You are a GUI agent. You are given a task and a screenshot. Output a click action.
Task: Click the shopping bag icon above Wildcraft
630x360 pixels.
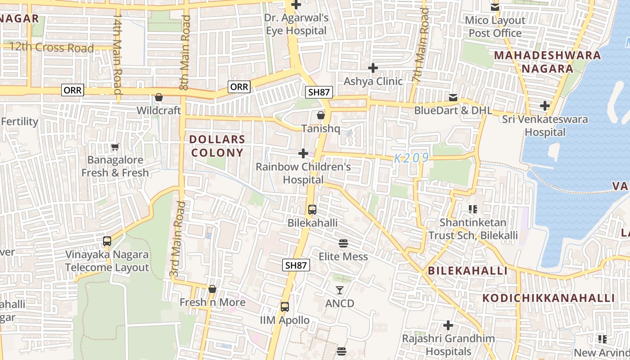pyautogui.click(x=158, y=97)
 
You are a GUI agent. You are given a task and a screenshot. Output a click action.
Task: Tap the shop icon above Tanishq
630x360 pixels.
pyautogui.click(x=320, y=115)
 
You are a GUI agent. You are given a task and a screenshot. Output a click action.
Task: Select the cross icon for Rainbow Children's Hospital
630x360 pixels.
pyautogui.click(x=303, y=153)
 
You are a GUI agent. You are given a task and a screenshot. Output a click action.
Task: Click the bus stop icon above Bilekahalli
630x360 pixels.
pyautogui.click(x=312, y=210)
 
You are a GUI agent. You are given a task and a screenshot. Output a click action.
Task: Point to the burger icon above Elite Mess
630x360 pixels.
pyautogui.click(x=343, y=243)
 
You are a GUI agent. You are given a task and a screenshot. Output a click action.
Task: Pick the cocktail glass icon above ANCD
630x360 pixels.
pyautogui.click(x=340, y=290)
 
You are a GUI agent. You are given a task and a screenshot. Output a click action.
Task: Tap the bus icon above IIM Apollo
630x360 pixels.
pyautogui.click(x=285, y=307)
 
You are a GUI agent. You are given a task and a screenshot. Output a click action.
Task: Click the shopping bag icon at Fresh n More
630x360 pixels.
pyautogui.click(x=212, y=289)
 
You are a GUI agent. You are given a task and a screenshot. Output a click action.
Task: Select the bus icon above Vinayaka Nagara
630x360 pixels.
pyautogui.click(x=107, y=241)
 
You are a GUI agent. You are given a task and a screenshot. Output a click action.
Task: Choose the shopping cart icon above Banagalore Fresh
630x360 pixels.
pyautogui.click(x=115, y=147)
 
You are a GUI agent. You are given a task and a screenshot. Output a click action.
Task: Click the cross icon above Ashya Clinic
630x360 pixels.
pyautogui.click(x=373, y=68)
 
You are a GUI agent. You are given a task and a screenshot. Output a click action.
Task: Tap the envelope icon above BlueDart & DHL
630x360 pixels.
pyautogui.click(x=453, y=97)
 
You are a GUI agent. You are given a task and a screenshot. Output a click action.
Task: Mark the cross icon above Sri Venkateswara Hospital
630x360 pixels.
pyautogui.click(x=545, y=106)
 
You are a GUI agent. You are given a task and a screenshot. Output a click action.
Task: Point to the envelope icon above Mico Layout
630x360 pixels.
pyautogui.click(x=495, y=7)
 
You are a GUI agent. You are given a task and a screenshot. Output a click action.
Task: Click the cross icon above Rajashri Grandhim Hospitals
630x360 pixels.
pyautogui.click(x=448, y=325)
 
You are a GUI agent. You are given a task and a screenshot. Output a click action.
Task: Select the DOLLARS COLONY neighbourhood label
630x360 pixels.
pyautogui.click(x=217, y=146)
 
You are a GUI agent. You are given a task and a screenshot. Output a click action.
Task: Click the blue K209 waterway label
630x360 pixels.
pyautogui.click(x=411, y=158)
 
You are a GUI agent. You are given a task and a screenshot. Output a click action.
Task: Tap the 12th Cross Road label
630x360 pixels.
pyautogui.click(x=51, y=48)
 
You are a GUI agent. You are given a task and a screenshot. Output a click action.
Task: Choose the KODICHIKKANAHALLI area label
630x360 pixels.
pyautogui.click(x=549, y=298)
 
